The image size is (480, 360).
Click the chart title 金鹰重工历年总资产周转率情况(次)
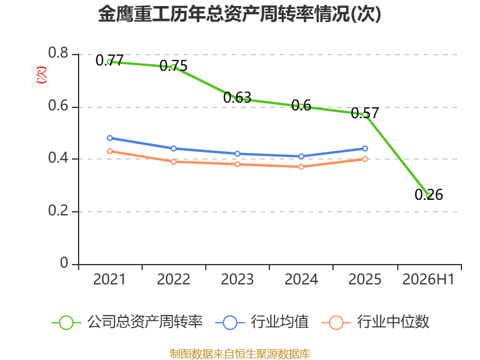click(x=239, y=14)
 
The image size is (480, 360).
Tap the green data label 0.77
click(x=110, y=60)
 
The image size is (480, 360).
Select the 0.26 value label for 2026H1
click(x=429, y=194)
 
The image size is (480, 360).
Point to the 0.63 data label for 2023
click(x=237, y=98)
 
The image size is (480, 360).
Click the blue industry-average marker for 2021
click(x=110, y=138)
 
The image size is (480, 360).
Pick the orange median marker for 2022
click(x=173, y=161)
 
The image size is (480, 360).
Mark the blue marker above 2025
click(x=365, y=148)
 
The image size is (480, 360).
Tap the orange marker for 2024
click(x=301, y=167)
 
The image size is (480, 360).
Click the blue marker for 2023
click(x=238, y=154)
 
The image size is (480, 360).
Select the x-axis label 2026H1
click(x=428, y=280)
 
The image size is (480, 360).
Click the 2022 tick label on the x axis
click(x=173, y=280)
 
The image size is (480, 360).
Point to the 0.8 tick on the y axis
click(x=58, y=53)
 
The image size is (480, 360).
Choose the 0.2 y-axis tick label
click(x=58, y=211)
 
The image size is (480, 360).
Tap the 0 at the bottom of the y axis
click(x=64, y=263)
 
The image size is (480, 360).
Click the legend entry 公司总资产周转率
click(x=127, y=322)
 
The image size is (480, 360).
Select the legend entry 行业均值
click(x=262, y=322)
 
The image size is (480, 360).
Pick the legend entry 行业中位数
click(x=376, y=322)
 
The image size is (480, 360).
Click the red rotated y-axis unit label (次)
click(x=41, y=75)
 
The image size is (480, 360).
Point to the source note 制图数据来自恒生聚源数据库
click(x=240, y=354)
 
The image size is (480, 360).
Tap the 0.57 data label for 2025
click(x=365, y=113)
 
